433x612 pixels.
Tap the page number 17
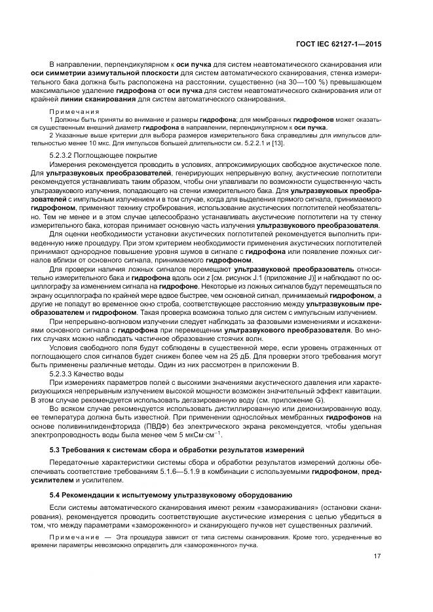click(377, 556)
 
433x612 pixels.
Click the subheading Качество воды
click(104, 372)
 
